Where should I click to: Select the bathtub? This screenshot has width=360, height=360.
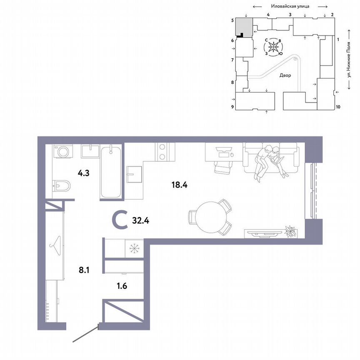point(111,172)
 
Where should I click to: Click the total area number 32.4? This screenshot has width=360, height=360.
point(140,220)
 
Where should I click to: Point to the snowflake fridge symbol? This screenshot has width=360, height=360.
point(134,248)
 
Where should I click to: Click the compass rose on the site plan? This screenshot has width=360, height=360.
point(273,47)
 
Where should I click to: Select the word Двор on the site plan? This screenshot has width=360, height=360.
point(285,75)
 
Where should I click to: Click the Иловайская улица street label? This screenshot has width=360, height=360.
point(290,6)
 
